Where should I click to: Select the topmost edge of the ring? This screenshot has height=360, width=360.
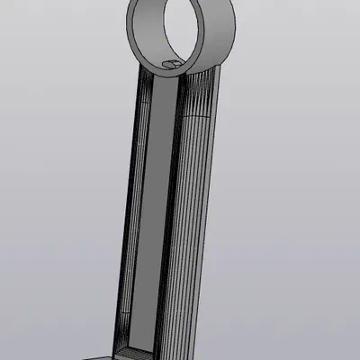coord(184,1)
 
